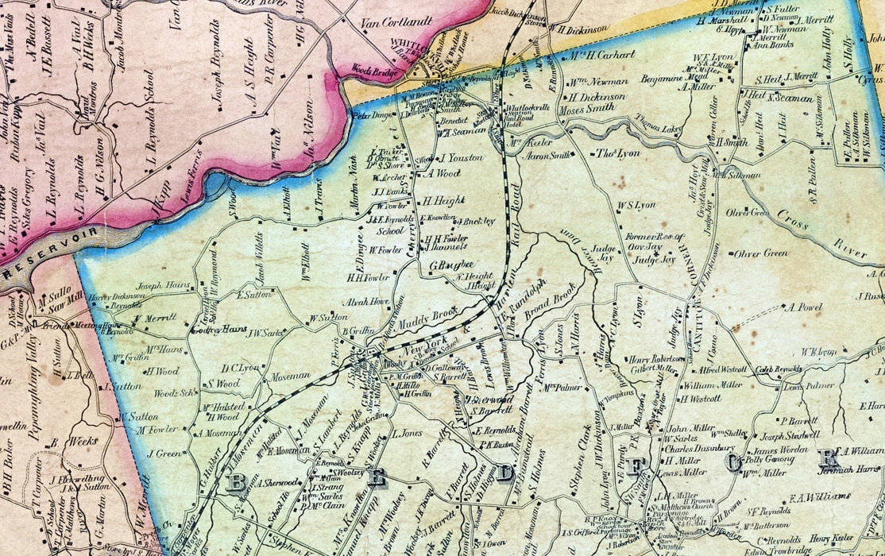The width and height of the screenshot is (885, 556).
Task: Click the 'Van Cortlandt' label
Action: click(395, 23)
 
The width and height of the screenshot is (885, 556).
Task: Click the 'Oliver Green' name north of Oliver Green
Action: click(748, 213)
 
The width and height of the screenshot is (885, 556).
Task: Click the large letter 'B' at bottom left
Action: click(236, 483)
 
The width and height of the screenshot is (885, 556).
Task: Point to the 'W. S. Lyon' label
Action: click(636, 205)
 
